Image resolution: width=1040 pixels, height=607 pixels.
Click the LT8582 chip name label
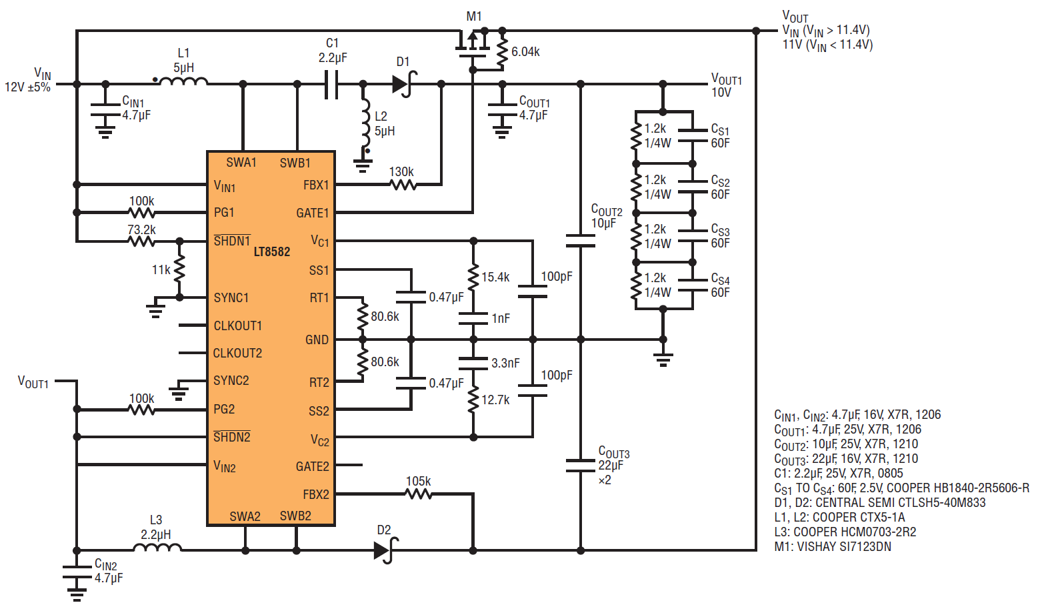pyautogui.click(x=272, y=251)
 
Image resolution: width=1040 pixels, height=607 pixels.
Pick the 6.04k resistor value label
pyautogui.click(x=525, y=52)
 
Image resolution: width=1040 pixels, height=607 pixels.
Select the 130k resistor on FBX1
pyautogui.click(x=403, y=184)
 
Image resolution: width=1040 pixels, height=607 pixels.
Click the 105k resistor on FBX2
pyautogui.click(x=419, y=494)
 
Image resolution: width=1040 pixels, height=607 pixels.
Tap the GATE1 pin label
pyautogui.click(x=312, y=213)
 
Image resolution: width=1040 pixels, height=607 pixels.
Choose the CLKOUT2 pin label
pyautogui.click(x=237, y=353)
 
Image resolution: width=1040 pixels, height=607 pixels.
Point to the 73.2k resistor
pyautogui.click(x=141, y=241)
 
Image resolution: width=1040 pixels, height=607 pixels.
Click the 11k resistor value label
pyautogui.click(x=161, y=270)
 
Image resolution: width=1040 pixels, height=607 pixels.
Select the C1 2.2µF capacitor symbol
pyautogui.click(x=331, y=85)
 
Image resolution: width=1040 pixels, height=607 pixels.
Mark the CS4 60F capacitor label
pyautogui.click(x=720, y=285)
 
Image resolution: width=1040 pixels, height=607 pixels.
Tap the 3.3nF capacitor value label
pyautogui.click(x=505, y=364)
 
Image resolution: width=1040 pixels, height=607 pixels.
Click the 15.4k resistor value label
pyautogui.click(x=495, y=277)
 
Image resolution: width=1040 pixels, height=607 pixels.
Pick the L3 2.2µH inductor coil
pyautogui.click(x=157, y=548)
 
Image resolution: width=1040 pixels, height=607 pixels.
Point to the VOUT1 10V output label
pyautogui.click(x=725, y=86)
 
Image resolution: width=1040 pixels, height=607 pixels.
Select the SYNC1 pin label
pyautogui.click(x=231, y=298)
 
